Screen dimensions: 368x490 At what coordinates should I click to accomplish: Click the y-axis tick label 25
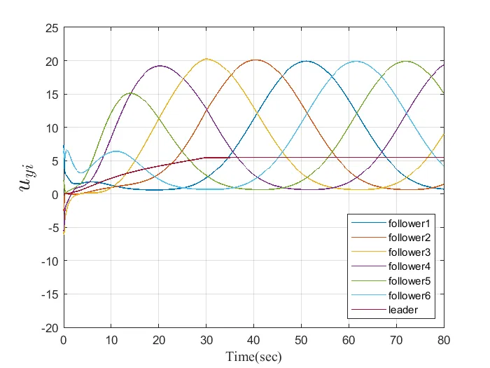point(51,28)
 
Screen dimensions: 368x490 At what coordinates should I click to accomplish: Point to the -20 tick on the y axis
point(49,327)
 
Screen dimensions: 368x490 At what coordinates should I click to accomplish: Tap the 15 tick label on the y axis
point(51,95)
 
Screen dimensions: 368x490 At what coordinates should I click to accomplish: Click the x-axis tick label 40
point(253,340)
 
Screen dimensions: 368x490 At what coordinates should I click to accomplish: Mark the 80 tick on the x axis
point(444,340)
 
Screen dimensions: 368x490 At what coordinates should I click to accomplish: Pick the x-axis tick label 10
point(111,340)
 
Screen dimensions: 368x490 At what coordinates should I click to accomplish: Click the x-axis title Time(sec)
point(253,357)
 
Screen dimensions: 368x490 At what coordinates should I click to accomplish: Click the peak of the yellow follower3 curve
point(206,59)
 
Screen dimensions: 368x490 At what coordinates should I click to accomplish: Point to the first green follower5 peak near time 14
point(130,93)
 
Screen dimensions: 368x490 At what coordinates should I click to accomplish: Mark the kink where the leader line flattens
point(205,158)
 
